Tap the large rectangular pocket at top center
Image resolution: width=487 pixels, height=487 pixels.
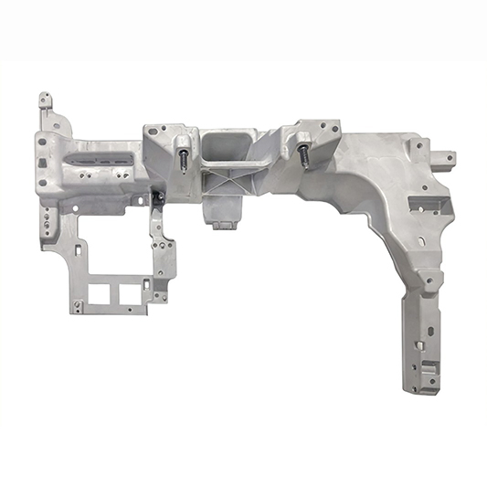(x=226, y=145)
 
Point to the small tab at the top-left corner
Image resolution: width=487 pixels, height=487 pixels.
(x=44, y=99)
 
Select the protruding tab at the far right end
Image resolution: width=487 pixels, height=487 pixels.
(x=445, y=157)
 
